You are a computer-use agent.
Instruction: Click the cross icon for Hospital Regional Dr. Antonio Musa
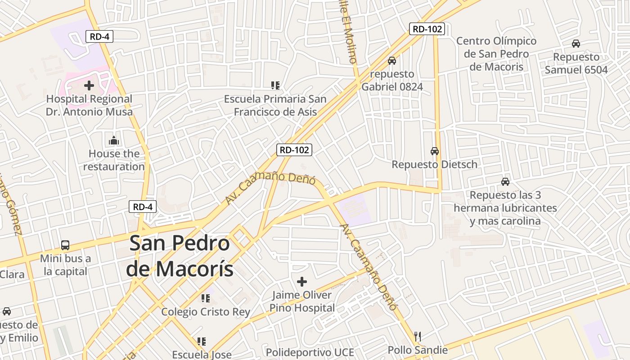[x=89, y=85]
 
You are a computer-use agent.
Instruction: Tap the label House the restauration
[x=114, y=160]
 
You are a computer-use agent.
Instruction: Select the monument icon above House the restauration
[x=114, y=140]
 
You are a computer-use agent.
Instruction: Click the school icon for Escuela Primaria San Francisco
[x=275, y=85]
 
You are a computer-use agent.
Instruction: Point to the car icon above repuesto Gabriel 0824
[x=392, y=61]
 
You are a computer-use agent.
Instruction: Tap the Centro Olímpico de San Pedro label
[x=496, y=54]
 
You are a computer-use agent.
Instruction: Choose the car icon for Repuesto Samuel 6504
[x=576, y=44]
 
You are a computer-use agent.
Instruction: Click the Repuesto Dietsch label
[x=434, y=164]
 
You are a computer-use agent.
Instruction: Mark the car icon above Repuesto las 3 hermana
[x=505, y=182]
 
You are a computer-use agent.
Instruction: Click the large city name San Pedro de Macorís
[x=180, y=256]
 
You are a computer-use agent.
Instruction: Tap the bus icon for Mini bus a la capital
[x=65, y=245]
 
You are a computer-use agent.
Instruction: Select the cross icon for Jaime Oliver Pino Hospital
[x=301, y=282]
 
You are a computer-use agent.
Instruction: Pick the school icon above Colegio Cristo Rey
[x=206, y=298]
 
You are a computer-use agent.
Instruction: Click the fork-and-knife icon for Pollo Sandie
[x=418, y=337]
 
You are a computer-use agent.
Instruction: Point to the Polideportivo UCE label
[x=310, y=352]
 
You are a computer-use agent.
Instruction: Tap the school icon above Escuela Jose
[x=201, y=342]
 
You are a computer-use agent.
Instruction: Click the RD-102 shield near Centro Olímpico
[x=427, y=29]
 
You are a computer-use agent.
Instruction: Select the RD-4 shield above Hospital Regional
[x=99, y=36]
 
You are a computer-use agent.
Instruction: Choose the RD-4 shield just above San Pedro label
[x=143, y=207]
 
